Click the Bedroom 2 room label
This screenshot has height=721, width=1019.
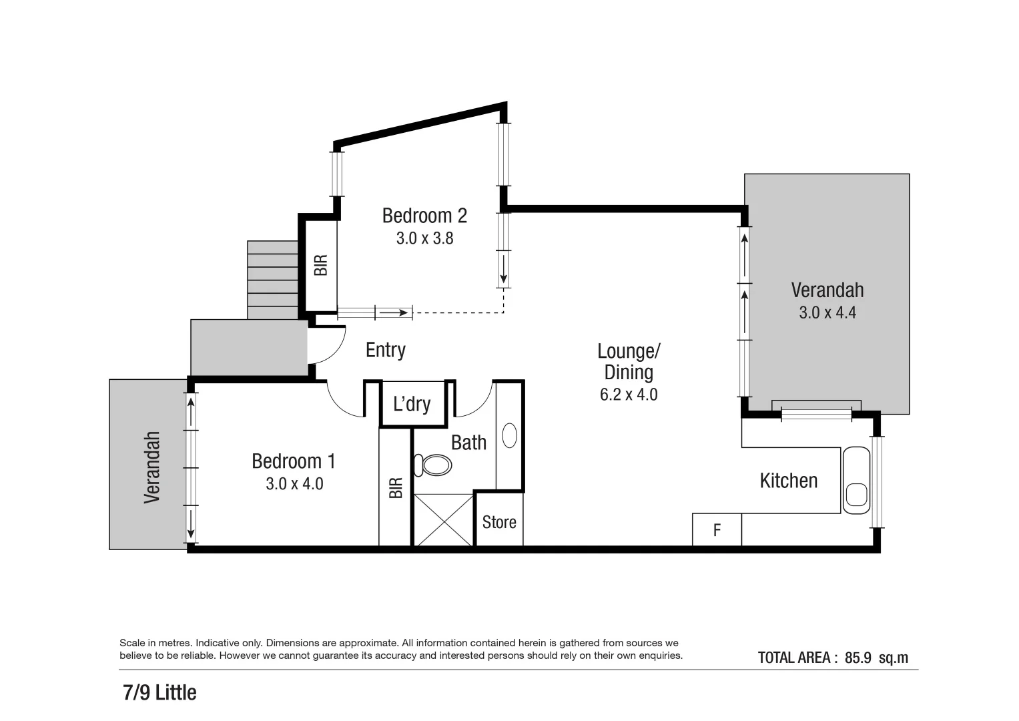point(424,216)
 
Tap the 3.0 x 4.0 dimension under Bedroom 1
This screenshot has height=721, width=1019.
point(294,483)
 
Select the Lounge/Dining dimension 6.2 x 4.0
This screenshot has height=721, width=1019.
point(628,395)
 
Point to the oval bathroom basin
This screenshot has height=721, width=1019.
point(509,435)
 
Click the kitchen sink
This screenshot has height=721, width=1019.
point(856,495)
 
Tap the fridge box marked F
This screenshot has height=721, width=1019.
point(717,530)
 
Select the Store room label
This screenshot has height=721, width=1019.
point(499,522)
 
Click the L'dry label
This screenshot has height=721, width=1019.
point(412,404)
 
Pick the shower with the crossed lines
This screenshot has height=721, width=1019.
point(444,519)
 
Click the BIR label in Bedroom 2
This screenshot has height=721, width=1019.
point(321,265)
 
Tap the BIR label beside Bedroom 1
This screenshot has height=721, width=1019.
point(396,487)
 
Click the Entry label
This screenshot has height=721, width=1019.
point(385,350)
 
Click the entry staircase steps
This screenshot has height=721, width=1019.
point(272,280)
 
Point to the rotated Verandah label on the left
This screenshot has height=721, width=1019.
point(152,467)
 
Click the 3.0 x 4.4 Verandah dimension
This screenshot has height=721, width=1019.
point(827,312)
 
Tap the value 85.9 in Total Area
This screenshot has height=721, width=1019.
point(858,658)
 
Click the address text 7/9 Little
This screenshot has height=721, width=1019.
point(159,692)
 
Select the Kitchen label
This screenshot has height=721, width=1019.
point(788,481)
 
